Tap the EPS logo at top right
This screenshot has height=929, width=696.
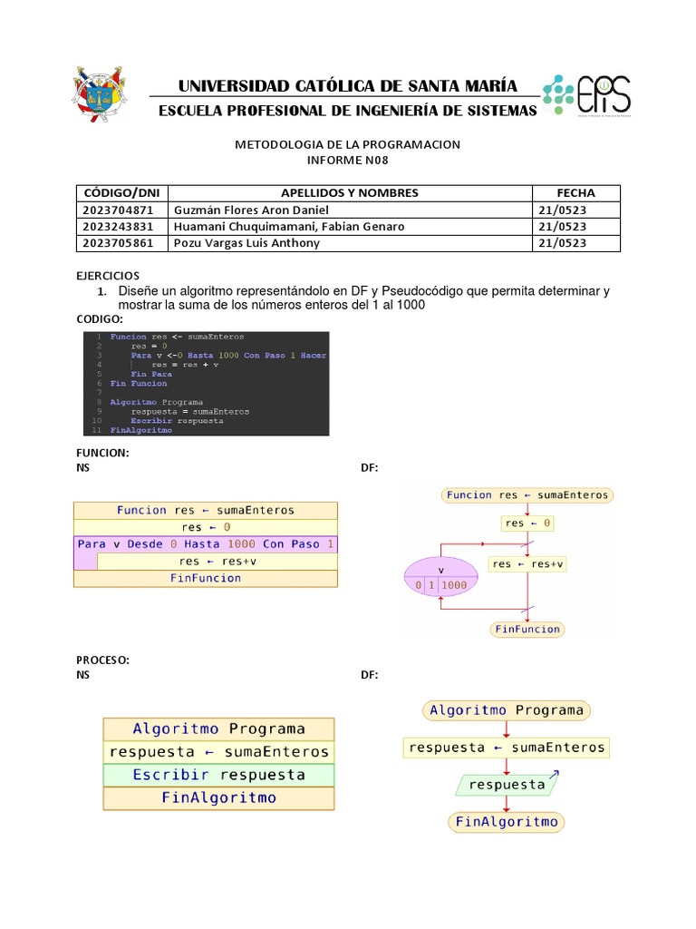587,94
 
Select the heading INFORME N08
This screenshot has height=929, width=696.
348,160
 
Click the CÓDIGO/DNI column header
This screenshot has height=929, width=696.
121,193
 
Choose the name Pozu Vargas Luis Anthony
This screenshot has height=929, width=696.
246,243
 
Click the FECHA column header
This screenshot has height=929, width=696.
575,193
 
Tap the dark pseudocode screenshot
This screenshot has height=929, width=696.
206,383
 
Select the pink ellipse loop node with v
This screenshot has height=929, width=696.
440,578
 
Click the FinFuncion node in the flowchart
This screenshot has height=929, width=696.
527,629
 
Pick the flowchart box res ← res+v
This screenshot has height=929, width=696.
527,563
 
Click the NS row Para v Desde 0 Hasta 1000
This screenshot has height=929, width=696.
206,544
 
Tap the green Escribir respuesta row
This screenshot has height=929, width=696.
218,775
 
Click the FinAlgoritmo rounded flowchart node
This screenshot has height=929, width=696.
507,822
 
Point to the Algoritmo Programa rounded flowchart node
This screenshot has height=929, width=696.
507,710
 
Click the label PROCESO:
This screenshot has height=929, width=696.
102,660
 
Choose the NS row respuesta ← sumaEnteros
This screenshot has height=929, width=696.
218,752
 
